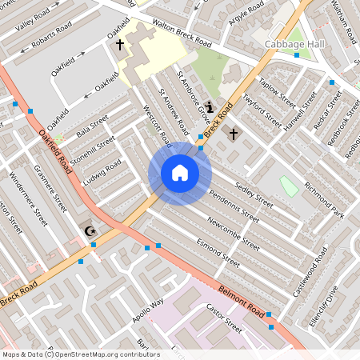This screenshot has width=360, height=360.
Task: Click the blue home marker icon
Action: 180,174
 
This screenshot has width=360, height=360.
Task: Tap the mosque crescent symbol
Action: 89,231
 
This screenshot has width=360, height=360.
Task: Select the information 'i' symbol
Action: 210,106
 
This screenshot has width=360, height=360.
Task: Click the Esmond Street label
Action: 216,250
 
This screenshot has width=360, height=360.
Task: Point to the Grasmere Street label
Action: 50,189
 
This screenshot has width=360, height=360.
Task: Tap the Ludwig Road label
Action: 102,170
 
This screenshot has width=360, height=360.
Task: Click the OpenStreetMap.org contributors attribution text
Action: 115,354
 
